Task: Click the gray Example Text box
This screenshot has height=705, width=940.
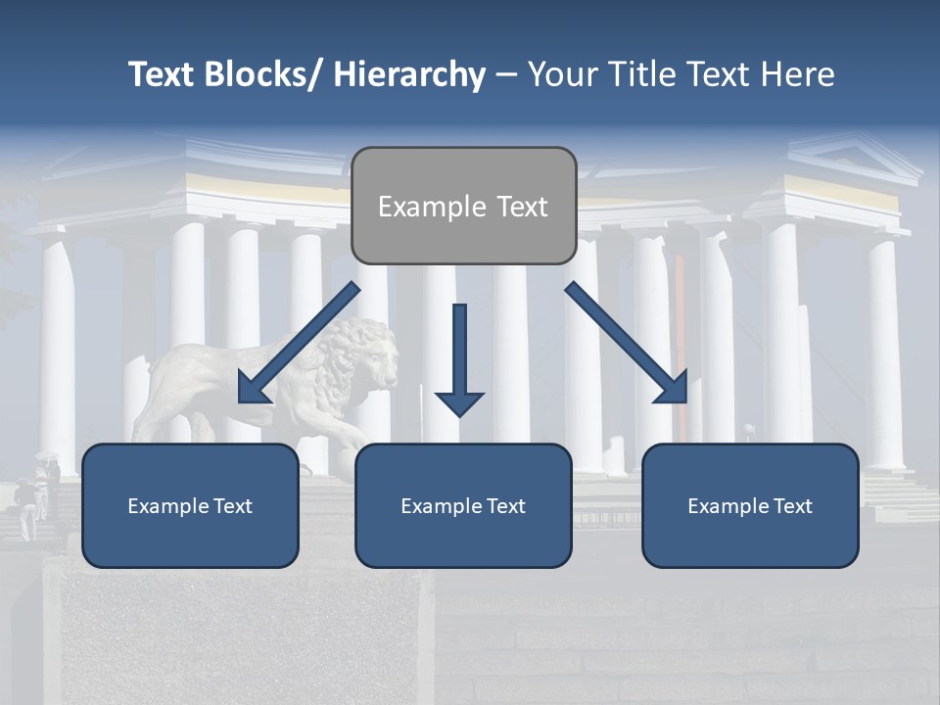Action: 463,206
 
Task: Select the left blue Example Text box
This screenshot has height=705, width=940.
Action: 190,505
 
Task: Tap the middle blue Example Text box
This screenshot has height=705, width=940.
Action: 463,505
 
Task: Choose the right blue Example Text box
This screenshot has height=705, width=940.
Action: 750,505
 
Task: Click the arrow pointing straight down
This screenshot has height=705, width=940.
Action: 459,357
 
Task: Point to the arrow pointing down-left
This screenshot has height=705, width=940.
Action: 299,343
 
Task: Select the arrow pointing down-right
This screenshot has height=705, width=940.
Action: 627,343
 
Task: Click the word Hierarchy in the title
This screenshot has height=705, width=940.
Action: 409,74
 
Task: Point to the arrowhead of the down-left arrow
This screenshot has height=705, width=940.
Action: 253,391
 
